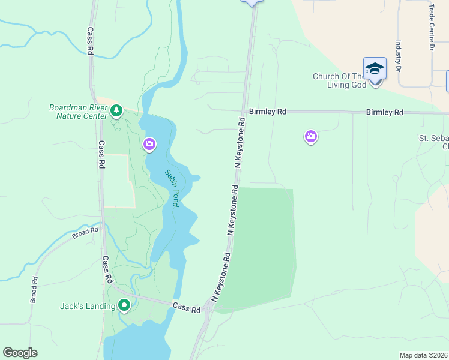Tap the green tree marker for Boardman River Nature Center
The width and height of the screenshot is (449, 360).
[116, 110]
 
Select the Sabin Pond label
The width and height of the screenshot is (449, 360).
[172, 188]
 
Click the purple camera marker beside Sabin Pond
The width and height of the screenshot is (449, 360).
[149, 144]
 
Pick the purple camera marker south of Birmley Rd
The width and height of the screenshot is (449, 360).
[311, 137]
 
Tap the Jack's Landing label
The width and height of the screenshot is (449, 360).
[88, 306]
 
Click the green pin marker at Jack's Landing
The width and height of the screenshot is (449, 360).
[124, 305]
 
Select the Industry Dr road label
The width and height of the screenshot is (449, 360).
[398, 55]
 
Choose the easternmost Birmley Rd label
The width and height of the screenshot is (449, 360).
[385, 112]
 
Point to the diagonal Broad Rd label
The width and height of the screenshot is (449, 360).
[85, 233]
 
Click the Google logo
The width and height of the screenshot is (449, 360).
[20, 353]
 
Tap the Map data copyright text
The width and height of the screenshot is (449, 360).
[423, 355]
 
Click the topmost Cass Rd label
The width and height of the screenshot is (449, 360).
[90, 41]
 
